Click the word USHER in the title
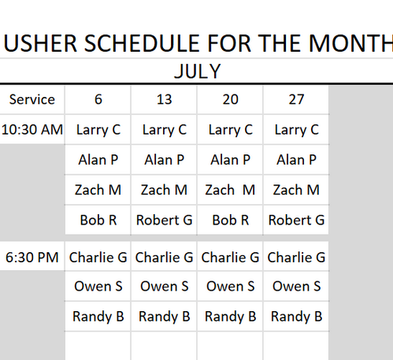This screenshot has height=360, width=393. coord(41,43)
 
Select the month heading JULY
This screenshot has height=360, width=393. coord(198,72)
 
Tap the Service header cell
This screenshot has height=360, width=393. coord(32,99)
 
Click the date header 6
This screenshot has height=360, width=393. coord(98,99)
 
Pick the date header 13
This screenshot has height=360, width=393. coord(165,99)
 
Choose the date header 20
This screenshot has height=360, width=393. coord(231,99)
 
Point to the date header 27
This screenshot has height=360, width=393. coord(296,99)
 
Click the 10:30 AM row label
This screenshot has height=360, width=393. coord(32,130)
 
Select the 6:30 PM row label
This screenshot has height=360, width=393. coord(32,258)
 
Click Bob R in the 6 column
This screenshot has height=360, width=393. coord(98,220)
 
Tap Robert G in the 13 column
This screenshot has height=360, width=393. coord(165,220)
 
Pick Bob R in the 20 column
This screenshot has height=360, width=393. coord(231,220)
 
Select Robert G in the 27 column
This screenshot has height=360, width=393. coord(296,220)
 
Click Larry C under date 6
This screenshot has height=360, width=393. coord(98,130)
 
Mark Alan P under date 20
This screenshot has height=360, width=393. coord(231,160)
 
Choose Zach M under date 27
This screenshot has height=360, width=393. coord(296,190)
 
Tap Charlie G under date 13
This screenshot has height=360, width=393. coord(165,258)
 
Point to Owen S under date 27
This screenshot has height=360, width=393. coord(296,286)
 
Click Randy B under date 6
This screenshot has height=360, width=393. coord(98,317)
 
